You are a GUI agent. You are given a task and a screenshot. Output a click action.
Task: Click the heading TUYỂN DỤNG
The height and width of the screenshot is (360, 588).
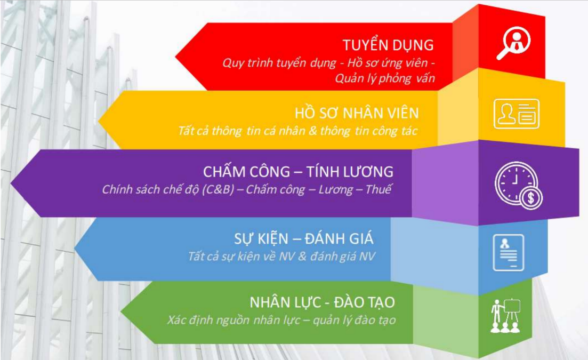click(388, 45)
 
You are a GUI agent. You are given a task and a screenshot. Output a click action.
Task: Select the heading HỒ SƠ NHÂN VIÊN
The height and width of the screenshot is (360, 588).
click(357, 113)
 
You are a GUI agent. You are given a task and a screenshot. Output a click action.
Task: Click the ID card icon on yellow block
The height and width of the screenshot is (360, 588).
click(517, 114)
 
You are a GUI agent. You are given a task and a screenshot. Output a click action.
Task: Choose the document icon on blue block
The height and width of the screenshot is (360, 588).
click(508, 252)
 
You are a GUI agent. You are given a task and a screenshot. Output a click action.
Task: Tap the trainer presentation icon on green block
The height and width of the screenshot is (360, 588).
click(506, 315)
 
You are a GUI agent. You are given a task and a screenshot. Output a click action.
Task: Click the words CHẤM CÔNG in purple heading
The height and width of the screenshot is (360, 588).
click(246, 171)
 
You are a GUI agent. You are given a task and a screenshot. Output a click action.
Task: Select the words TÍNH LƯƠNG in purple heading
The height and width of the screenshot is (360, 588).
click(350, 171)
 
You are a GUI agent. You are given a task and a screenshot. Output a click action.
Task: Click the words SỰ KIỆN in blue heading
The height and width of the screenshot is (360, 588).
click(261, 238)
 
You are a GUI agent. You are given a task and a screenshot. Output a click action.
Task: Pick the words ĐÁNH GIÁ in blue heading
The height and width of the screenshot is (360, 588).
click(339, 238)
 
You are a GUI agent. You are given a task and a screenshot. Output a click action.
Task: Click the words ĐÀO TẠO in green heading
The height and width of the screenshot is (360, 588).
click(364, 302)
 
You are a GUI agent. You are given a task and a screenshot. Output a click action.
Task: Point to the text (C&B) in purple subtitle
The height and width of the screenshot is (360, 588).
click(218, 189)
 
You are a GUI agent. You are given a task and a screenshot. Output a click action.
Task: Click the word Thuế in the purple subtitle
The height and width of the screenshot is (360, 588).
click(378, 189)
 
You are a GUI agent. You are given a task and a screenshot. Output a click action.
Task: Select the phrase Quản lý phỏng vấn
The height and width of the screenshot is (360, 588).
click(385, 78)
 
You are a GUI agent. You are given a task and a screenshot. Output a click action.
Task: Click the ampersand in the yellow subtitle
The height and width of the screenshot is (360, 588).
click(313, 131)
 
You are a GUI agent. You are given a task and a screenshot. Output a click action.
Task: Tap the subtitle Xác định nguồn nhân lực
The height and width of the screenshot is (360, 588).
click(234, 320)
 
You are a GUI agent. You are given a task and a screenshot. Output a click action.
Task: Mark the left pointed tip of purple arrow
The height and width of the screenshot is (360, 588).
click(11, 183)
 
